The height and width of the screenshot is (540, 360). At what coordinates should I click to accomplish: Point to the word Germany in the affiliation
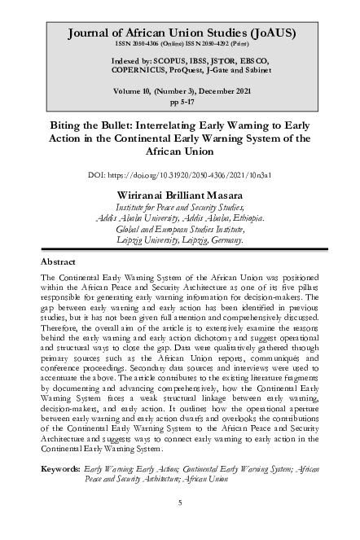tap(221, 240)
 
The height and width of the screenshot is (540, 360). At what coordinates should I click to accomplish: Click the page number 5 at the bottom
tap(179, 503)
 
